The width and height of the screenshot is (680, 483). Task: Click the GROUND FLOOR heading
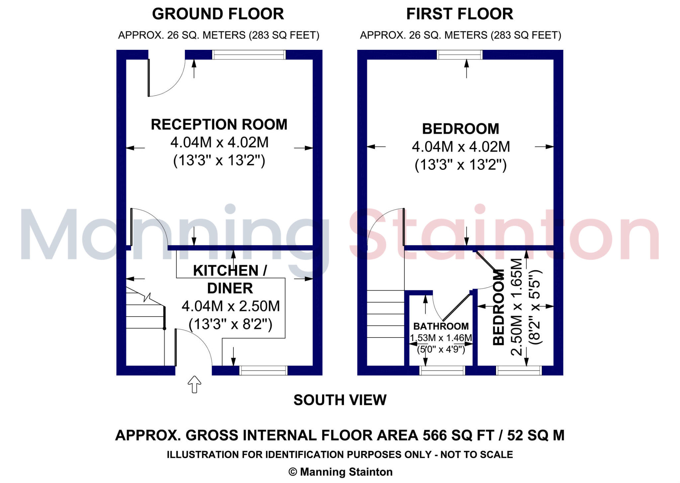218,14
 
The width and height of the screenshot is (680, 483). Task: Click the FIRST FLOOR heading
460,14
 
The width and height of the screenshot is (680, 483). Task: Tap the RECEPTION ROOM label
219,125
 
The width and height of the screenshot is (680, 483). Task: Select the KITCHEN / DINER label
230,279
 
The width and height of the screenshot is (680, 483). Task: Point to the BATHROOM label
441,326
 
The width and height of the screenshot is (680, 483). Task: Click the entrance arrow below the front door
195,385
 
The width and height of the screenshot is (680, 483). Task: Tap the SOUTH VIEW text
340,400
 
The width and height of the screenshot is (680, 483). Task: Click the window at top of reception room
249,55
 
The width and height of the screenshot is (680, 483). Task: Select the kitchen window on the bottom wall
263,370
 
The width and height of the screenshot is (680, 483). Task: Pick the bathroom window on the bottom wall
442,370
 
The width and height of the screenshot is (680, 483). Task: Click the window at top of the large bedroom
460,55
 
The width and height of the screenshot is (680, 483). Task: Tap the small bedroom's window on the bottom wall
519,370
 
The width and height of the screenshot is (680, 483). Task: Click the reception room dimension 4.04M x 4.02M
219,143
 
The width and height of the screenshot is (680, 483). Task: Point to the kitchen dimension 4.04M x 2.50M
231,306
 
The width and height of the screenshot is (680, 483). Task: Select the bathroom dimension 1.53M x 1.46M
441,338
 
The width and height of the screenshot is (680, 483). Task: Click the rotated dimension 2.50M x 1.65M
517,307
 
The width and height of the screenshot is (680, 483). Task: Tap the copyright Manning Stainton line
340,472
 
